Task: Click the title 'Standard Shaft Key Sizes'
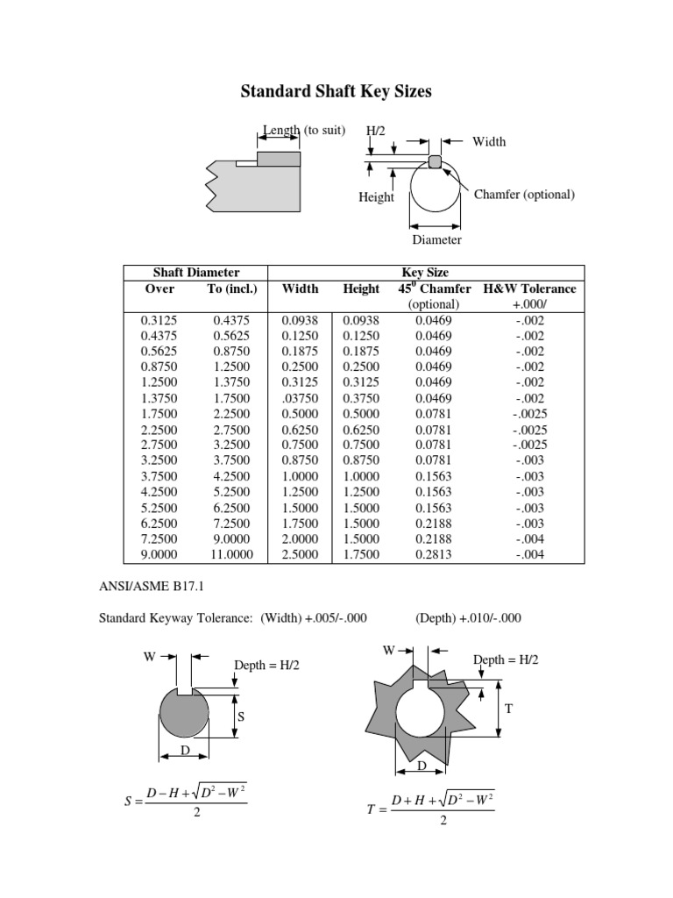pos(336,91)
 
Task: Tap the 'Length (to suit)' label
pos(304,131)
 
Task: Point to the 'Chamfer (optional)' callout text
pos(524,194)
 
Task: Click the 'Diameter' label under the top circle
pos(436,239)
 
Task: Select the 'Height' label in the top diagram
pos(376,197)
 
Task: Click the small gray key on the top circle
pos(436,160)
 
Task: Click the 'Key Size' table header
pos(424,273)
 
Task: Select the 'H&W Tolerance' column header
pos(530,289)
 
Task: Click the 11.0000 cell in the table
pos(231,554)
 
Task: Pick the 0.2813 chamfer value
pos(434,554)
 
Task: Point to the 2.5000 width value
pos(300,554)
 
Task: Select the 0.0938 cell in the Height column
pos(361,320)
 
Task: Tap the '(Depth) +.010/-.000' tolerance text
pos(468,618)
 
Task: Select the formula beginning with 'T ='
pos(429,808)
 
